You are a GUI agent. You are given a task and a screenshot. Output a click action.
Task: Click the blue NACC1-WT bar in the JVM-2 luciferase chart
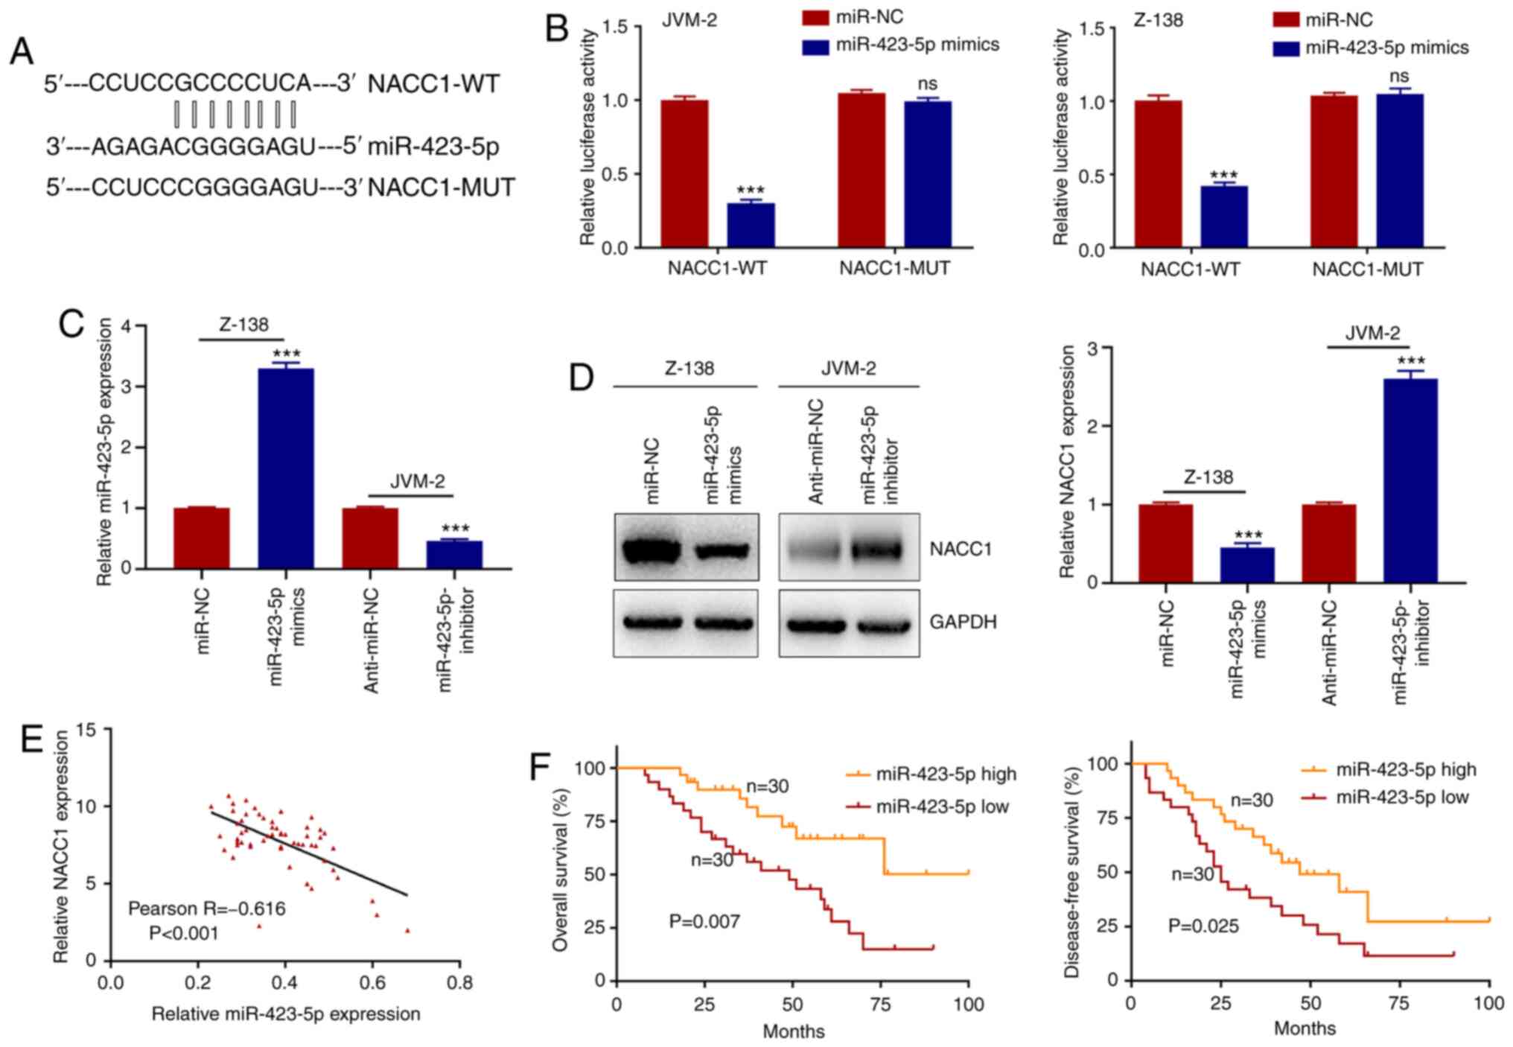tap(751, 225)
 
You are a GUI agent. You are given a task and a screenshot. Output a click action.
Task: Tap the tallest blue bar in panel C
tap(285, 468)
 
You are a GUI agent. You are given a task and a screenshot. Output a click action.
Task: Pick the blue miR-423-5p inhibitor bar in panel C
tap(454, 554)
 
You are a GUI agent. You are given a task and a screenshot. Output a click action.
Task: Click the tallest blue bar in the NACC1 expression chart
tap(1410, 480)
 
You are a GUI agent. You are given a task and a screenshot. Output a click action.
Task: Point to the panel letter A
tap(22, 54)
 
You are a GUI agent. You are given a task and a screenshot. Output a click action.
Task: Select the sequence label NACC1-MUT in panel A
tap(441, 188)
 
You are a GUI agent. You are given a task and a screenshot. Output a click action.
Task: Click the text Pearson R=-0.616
tap(207, 908)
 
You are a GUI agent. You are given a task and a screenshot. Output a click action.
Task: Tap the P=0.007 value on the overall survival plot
tap(704, 922)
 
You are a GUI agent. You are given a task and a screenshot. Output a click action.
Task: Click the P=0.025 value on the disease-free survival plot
tap(1203, 926)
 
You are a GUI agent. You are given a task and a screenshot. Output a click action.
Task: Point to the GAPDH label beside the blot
tap(963, 622)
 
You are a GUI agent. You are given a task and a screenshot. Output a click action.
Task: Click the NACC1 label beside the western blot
tap(961, 550)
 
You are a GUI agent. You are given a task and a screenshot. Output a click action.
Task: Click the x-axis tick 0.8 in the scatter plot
tap(459, 983)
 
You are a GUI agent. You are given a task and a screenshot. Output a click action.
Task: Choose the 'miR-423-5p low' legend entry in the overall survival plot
tap(942, 806)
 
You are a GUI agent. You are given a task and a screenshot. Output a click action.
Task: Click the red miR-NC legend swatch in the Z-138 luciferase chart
tap(1286, 20)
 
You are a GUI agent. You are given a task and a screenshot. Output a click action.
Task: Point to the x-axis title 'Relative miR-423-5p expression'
tap(286, 1014)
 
